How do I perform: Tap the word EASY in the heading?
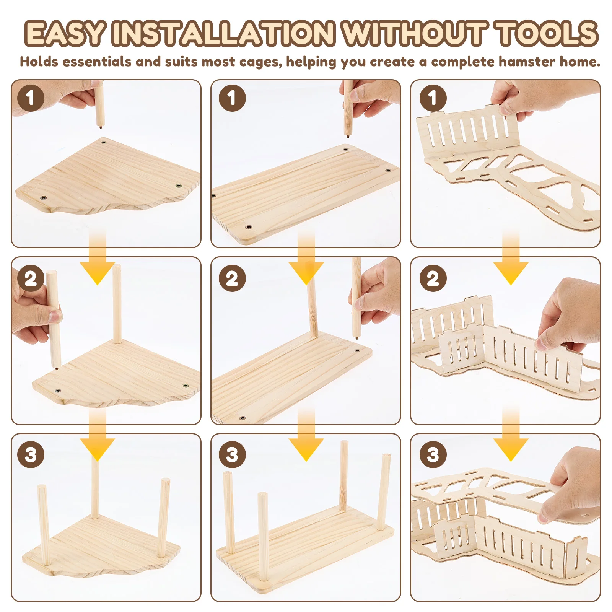click(x=65, y=34)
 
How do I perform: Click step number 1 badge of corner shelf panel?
click(x=31, y=98)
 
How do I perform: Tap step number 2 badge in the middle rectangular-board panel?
click(x=232, y=278)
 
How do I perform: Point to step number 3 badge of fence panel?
click(x=433, y=454)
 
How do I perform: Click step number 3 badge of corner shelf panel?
click(x=31, y=454)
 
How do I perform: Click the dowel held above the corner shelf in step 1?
click(x=99, y=105)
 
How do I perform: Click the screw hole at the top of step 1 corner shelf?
click(x=104, y=142)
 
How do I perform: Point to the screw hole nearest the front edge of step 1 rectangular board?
click(x=248, y=227)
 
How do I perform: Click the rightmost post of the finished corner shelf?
click(x=164, y=516)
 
